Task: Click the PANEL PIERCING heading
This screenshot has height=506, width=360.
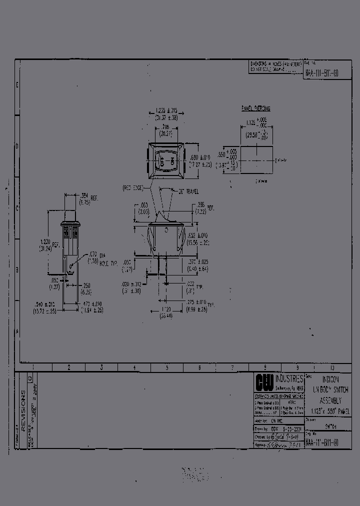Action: coord(255,108)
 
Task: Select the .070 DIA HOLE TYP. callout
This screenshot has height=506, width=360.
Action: coord(94,257)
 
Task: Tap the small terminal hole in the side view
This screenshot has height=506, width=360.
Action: coord(71,266)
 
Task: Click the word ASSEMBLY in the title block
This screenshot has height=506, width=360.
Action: coord(331,401)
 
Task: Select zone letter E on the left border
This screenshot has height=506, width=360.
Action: coord(17,85)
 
